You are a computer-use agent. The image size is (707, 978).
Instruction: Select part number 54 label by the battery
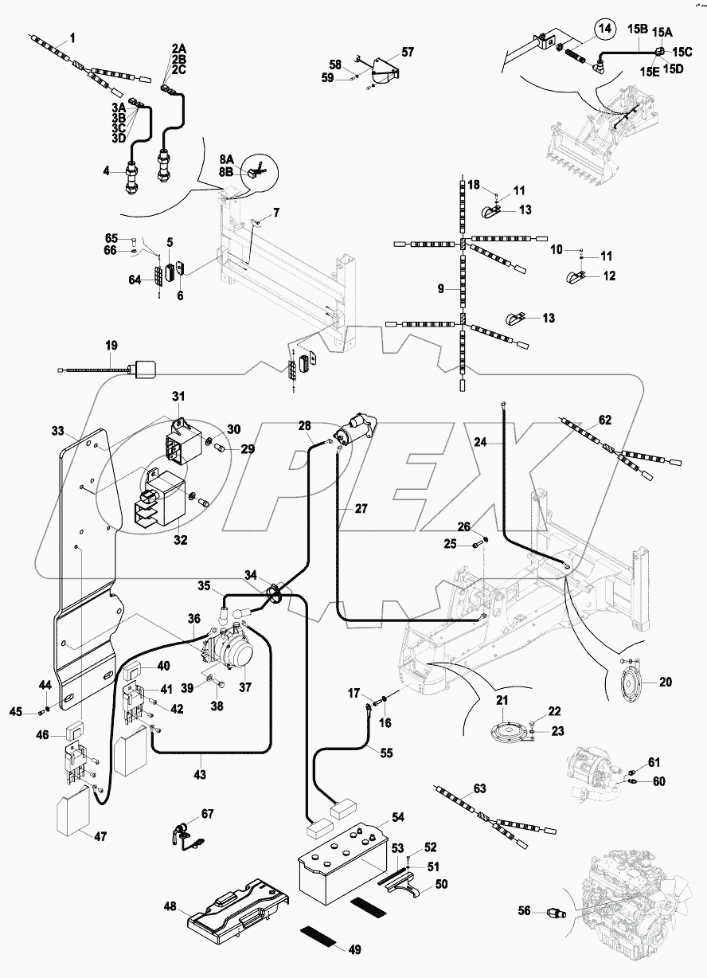pos(396,818)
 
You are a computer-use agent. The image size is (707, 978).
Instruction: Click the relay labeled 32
pos(163,498)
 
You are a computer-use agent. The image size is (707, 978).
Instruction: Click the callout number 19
pos(111,346)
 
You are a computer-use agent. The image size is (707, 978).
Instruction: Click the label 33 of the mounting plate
pos(57,431)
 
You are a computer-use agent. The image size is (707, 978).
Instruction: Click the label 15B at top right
pos(637,29)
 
